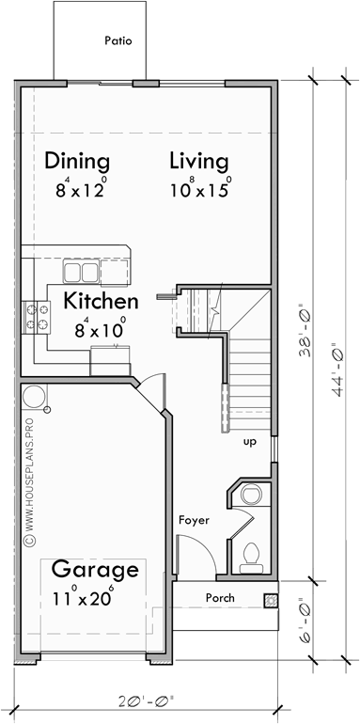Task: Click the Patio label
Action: tap(118, 41)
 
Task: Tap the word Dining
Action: tap(77, 161)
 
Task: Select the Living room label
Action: tap(198, 161)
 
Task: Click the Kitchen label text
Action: tap(101, 302)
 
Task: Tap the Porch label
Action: tap(218, 598)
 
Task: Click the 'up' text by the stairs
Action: tap(250, 441)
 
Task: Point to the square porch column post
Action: tap(271, 599)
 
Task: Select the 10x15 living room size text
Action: tap(200, 187)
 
